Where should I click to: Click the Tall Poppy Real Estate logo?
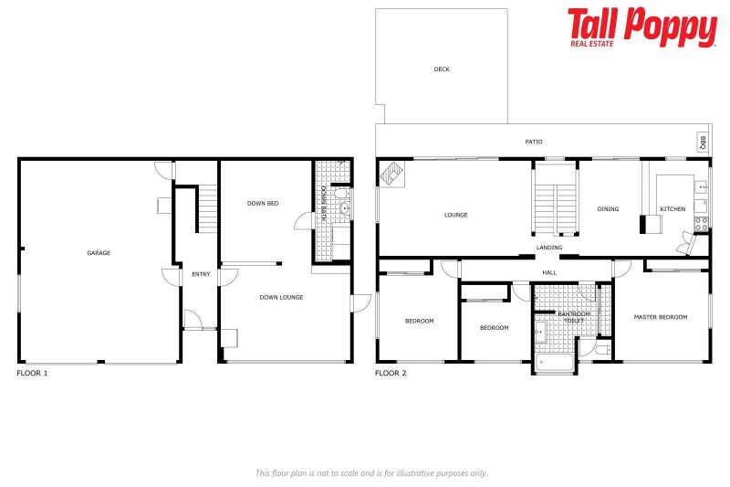point(641,26)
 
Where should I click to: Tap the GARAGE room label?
point(99,253)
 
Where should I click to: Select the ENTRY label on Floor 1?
point(200,274)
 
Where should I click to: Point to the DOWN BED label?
point(263,203)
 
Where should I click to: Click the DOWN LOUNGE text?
point(281,297)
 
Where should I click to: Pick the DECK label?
point(442,69)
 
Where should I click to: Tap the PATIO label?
point(534,142)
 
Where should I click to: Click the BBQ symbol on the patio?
point(703,143)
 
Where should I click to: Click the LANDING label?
point(549,248)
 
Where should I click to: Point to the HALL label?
point(549,271)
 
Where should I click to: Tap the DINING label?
point(608,209)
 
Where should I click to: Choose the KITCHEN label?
point(673,209)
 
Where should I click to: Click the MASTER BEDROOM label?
point(660,317)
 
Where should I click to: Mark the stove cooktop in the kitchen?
point(701,222)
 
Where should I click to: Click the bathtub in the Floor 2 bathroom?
point(555,363)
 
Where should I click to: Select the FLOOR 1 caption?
point(32,374)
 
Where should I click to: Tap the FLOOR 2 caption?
point(391,374)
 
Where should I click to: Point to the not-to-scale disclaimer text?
point(370,472)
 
